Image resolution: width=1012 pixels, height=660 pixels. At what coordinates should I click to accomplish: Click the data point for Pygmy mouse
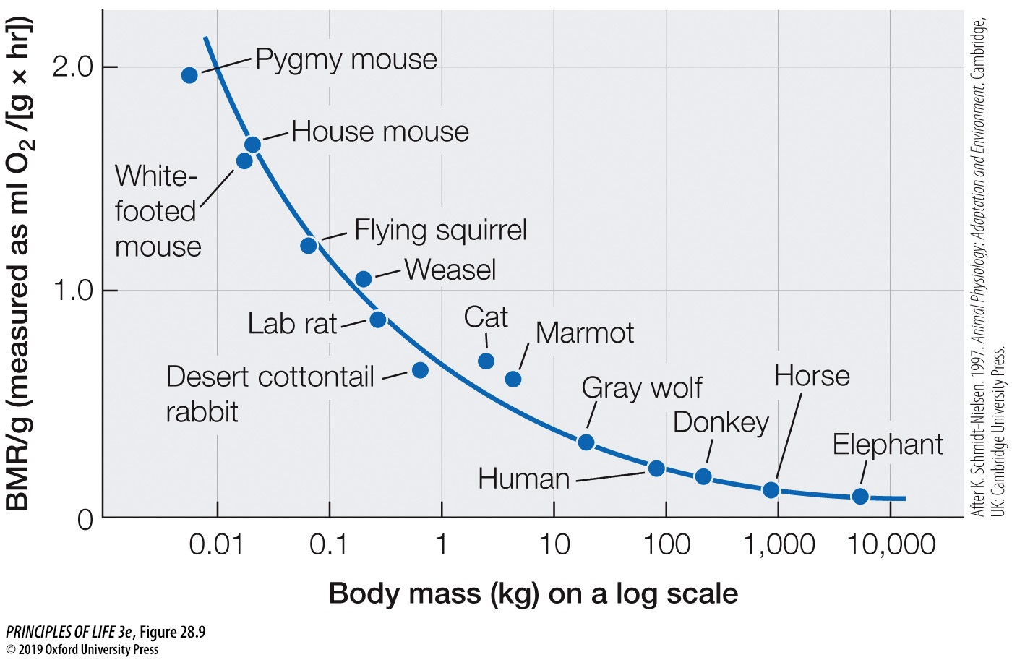[189, 75]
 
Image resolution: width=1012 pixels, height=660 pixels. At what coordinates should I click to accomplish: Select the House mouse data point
[252, 145]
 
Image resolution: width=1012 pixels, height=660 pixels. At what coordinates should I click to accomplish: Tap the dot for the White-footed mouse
[244, 160]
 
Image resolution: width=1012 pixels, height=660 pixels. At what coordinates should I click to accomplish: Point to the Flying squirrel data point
[309, 245]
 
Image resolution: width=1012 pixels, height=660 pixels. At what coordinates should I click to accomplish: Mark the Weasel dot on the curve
[364, 279]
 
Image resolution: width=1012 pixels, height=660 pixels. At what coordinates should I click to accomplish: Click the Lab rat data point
[377, 320]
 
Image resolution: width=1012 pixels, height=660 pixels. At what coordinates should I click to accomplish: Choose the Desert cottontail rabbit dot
[420, 370]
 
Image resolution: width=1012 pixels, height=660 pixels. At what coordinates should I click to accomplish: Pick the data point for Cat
[486, 361]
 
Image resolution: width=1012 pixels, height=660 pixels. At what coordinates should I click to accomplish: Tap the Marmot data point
[513, 379]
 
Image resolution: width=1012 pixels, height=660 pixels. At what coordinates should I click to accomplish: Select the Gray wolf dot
[586, 442]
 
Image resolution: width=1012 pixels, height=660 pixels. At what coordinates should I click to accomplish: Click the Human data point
[656, 468]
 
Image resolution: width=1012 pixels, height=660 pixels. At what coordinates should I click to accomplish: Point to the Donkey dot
[703, 476]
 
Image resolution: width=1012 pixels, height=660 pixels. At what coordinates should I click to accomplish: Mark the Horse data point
[771, 490]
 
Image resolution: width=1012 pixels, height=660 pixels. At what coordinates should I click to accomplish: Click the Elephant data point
[860, 496]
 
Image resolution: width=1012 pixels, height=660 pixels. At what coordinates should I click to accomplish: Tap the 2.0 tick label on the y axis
[73, 67]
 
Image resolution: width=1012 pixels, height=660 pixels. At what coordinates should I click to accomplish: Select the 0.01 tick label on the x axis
[216, 544]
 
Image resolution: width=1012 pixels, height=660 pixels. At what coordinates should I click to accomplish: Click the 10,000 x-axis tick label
[891, 544]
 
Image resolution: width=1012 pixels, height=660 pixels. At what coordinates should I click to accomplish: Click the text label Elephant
[888, 444]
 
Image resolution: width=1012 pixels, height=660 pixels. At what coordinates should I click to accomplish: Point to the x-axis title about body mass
[533, 593]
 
